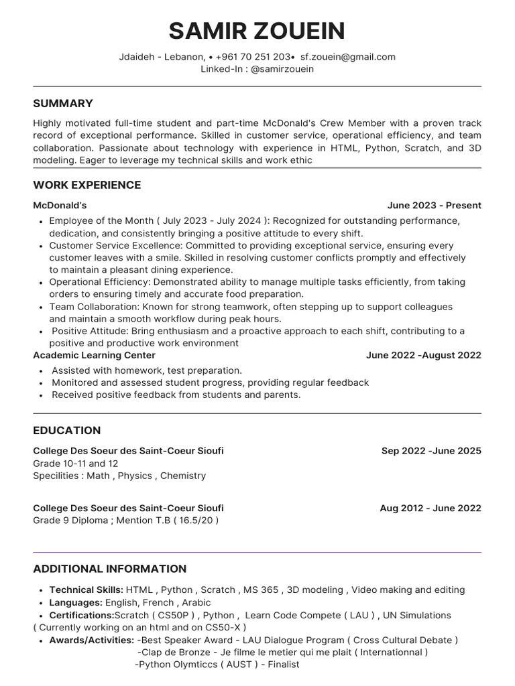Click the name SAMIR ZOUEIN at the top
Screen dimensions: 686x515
257,31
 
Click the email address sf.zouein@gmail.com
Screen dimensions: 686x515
347,57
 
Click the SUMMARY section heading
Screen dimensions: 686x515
63,103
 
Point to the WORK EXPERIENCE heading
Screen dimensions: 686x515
87,185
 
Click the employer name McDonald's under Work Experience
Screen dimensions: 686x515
60,206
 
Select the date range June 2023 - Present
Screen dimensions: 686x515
434,206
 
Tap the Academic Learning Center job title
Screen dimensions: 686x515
94,355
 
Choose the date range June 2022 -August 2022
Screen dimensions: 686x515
423,355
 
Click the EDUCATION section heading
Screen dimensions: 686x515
67,430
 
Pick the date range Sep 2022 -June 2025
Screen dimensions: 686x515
431,451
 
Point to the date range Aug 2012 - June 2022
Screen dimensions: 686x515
430,508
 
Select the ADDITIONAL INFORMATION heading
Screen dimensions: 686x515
110,569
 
